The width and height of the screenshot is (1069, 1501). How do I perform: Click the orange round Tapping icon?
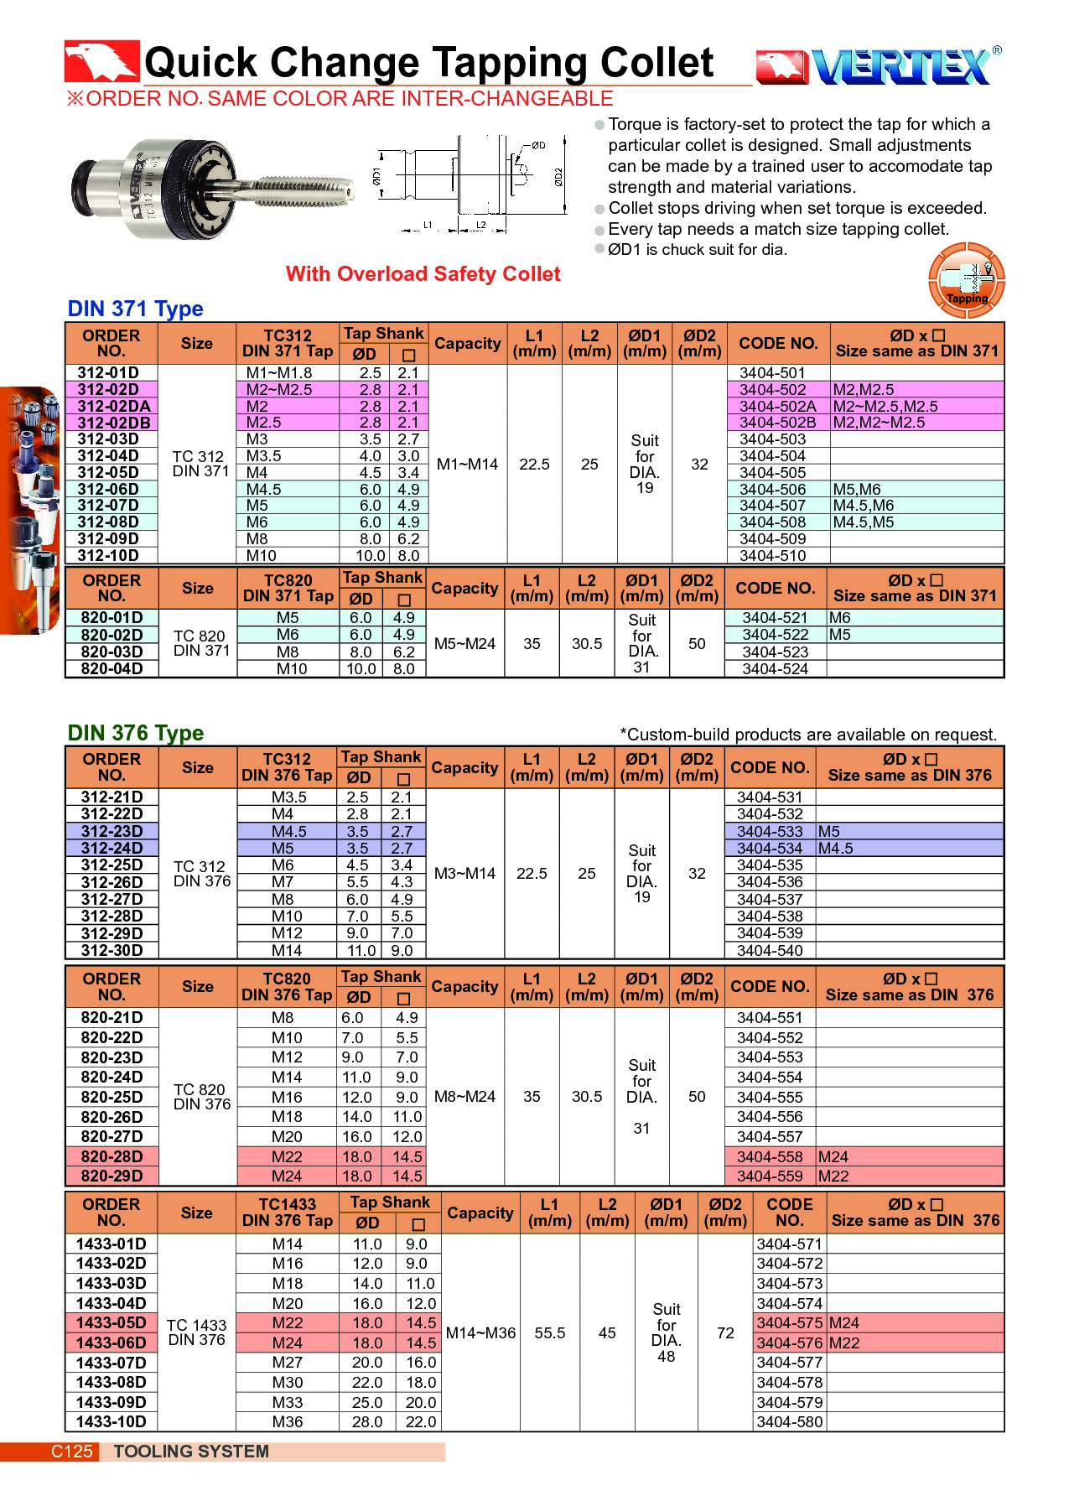(x=966, y=280)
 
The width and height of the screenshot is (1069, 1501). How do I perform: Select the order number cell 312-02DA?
(x=113, y=407)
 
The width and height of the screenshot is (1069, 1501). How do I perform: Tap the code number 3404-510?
(x=772, y=556)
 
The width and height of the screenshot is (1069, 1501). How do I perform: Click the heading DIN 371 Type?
(x=135, y=309)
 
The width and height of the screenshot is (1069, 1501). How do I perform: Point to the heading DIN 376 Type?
(x=135, y=733)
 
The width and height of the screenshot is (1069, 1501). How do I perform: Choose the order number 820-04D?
(x=112, y=669)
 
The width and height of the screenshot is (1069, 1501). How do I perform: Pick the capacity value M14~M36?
(x=480, y=1333)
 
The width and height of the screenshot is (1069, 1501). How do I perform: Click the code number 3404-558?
(x=769, y=1157)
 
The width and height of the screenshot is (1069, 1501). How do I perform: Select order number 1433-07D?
(x=111, y=1363)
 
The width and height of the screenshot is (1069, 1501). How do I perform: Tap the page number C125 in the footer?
(x=71, y=1452)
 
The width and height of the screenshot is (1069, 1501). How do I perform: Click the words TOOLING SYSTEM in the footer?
(x=191, y=1452)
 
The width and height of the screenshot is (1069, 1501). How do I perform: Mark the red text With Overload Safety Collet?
(x=423, y=274)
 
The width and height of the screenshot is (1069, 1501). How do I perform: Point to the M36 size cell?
(x=287, y=1422)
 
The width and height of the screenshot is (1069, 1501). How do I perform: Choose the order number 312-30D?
(x=112, y=951)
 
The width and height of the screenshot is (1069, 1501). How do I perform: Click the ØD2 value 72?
(x=725, y=1333)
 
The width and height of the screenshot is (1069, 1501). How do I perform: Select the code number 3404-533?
(x=769, y=832)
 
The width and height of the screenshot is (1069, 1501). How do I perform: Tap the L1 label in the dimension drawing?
(x=428, y=226)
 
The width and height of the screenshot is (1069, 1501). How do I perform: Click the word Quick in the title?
(x=201, y=63)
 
